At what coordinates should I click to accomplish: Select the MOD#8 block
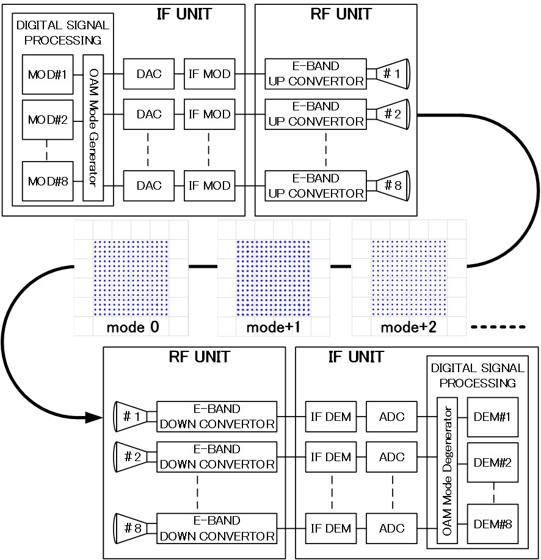coord(46,181)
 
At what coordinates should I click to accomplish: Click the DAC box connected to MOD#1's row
coord(149,74)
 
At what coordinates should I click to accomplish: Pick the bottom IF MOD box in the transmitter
coord(209,186)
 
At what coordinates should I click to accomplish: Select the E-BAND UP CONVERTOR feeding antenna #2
coord(316,114)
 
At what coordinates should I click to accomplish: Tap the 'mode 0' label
coord(133,327)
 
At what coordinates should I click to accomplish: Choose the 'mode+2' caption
coord(408,327)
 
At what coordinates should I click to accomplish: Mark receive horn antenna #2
coord(132,457)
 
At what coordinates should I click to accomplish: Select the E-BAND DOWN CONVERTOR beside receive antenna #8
coord(217,529)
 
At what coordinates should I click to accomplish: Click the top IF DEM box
coord(330,417)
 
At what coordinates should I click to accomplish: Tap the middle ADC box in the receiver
coord(391,457)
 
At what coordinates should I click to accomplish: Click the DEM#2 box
coord(492,462)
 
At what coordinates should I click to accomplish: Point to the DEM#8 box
coord(492,523)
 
